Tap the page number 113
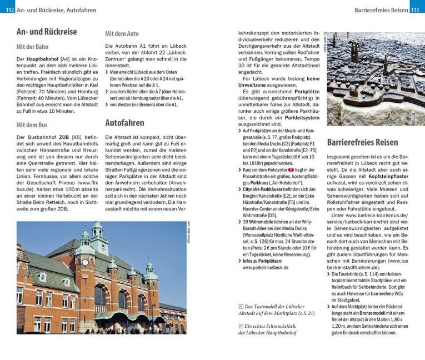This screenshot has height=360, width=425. click(x=416, y=10)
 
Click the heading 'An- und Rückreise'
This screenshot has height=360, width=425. click(x=46, y=32)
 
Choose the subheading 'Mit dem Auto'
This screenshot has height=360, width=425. click(x=122, y=34)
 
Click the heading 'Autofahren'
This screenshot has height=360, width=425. click(x=125, y=123)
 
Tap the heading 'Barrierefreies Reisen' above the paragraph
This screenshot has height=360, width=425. click(x=363, y=142)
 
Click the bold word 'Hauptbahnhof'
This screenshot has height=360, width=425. click(x=44, y=59)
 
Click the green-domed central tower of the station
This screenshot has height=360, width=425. click(x=97, y=236)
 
